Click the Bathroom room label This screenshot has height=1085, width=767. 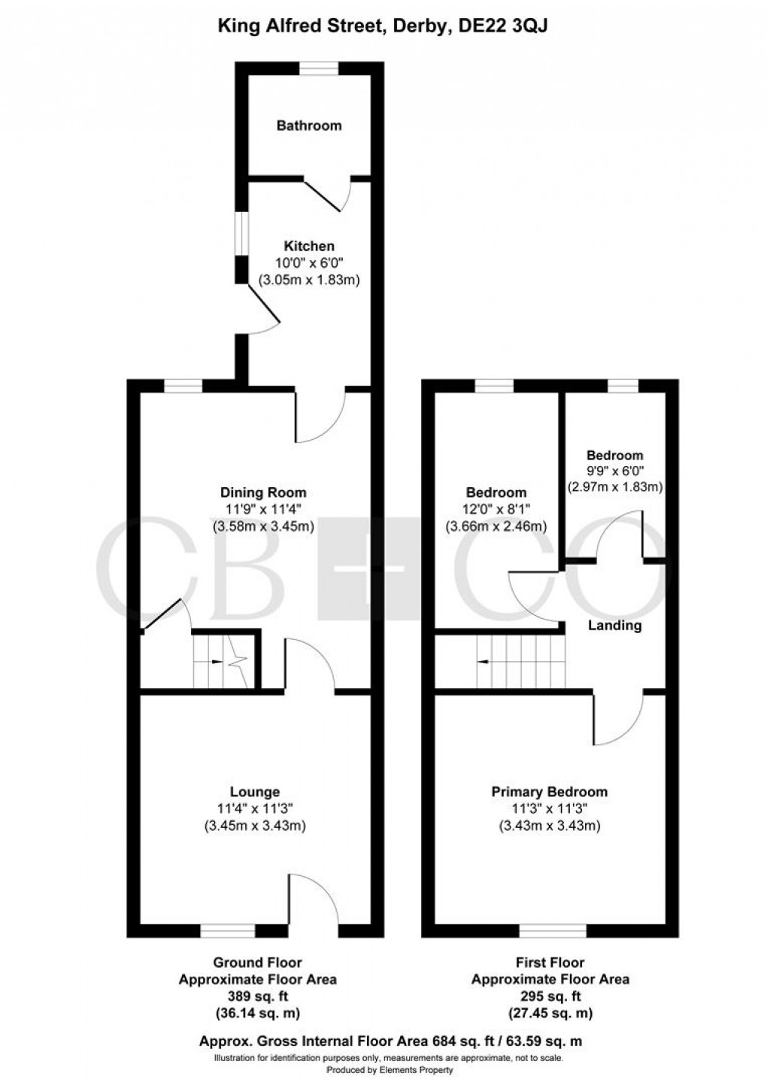coord(308,126)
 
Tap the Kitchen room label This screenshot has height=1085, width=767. coord(308,246)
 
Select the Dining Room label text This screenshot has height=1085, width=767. coord(262,493)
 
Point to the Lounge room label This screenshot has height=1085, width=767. coord(254,792)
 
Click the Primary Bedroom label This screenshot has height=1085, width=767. coord(549,792)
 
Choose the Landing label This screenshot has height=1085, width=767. coord(614,625)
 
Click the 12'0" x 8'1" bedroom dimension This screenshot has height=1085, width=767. coord(496,510)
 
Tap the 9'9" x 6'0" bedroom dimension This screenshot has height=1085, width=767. coord(614,471)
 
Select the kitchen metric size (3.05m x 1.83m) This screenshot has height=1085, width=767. coord(308,280)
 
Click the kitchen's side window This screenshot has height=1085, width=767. coord(241,233)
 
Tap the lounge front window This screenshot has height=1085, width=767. coord(228,931)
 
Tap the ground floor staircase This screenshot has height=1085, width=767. coord(220,662)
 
